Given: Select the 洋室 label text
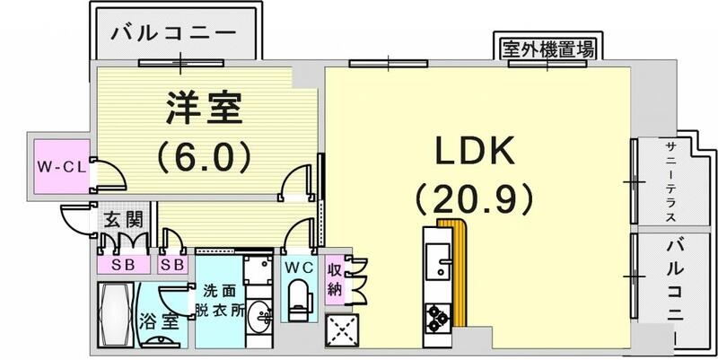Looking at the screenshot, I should (202, 112).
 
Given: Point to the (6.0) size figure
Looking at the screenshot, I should (202, 158).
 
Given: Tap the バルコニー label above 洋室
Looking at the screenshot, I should (175, 34).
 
